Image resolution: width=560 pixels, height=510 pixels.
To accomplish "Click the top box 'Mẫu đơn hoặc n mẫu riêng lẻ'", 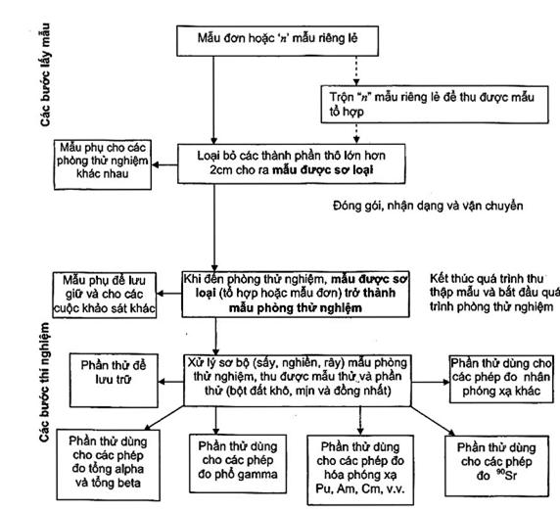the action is (x=277, y=41).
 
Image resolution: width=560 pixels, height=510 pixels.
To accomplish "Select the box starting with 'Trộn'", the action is (x=435, y=105).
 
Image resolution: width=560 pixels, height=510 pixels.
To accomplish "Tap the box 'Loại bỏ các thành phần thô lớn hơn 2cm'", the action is (x=292, y=163).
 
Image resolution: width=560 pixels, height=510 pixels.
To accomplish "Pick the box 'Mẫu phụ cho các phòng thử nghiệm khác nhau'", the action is (x=103, y=164).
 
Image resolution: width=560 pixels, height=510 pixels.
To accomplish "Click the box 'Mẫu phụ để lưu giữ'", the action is (x=105, y=295).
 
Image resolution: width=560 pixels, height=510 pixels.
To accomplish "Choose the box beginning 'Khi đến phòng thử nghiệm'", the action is (x=296, y=294).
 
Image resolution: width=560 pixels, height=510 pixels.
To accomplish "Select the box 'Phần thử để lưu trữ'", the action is (x=114, y=380).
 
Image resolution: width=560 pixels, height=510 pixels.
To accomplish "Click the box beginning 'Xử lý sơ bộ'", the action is (x=298, y=380).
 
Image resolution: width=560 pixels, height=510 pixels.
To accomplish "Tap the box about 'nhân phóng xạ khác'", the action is (x=501, y=379).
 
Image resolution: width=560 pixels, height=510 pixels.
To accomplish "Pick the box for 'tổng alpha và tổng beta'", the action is (x=108, y=464).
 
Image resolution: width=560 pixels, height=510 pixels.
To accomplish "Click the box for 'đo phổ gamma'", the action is (x=238, y=463).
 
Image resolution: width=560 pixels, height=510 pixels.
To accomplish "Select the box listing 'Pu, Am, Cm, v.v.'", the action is (x=360, y=470).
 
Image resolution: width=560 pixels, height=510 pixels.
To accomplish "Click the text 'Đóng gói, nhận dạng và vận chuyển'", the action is (x=428, y=207).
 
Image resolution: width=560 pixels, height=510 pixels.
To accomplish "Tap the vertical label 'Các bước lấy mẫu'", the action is (x=45, y=75).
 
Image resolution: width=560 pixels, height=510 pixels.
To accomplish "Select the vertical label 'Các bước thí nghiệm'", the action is (x=45, y=382).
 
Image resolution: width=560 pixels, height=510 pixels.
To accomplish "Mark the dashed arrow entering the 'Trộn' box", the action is (x=356, y=70).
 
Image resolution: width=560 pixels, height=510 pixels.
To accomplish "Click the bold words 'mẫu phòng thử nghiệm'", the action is (x=296, y=308).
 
